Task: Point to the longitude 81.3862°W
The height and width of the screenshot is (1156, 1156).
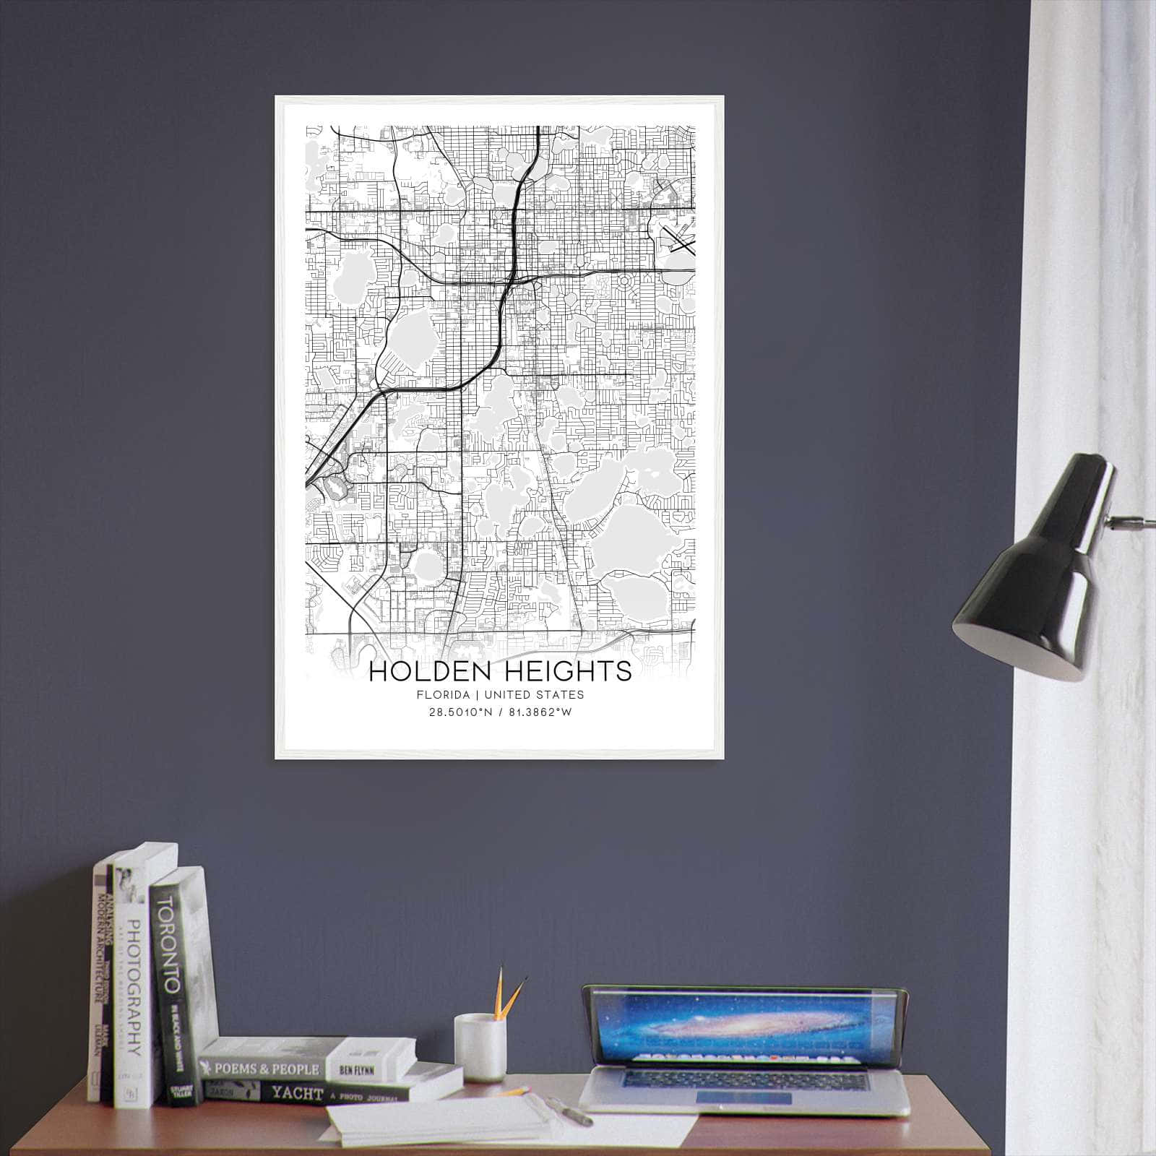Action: [x=535, y=712]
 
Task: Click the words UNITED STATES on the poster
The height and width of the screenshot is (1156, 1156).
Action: [x=534, y=695]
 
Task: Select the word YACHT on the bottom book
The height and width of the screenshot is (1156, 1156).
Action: [x=297, y=1093]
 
